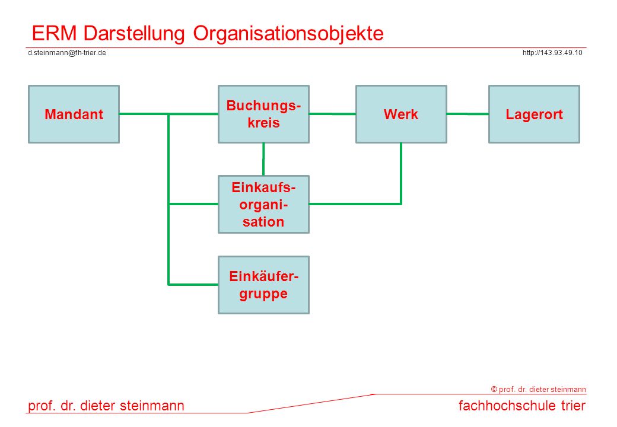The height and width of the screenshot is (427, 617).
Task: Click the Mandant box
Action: [x=74, y=114]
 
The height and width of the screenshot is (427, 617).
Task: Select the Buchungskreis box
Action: [x=263, y=114]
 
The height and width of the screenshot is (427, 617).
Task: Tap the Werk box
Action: [x=401, y=114]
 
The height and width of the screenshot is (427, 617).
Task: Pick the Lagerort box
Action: [x=534, y=114]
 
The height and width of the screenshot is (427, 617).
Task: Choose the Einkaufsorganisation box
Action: [x=263, y=205]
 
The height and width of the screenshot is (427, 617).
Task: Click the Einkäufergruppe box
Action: [x=263, y=285]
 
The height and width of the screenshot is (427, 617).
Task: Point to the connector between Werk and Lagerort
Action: [x=468, y=114]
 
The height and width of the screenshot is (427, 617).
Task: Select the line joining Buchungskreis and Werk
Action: [x=332, y=114]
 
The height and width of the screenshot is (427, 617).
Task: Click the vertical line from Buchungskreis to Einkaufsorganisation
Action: [x=263, y=160]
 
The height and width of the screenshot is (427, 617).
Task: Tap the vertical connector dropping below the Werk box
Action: [x=401, y=173]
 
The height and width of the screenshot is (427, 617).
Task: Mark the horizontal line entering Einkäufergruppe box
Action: [x=193, y=284]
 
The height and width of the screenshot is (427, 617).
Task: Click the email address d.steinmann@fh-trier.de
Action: [x=67, y=53]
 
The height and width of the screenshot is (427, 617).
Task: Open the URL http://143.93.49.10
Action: [x=552, y=53]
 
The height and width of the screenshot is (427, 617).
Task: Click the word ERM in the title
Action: [x=55, y=33]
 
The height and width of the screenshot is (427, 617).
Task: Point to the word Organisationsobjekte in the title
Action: [x=288, y=33]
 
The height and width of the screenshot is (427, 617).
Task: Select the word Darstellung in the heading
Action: [x=134, y=33]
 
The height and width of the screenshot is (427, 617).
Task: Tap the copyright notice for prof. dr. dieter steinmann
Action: [x=538, y=389]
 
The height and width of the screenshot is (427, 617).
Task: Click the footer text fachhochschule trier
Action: [x=522, y=406]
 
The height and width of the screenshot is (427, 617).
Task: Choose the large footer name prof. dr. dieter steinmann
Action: [x=106, y=406]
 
